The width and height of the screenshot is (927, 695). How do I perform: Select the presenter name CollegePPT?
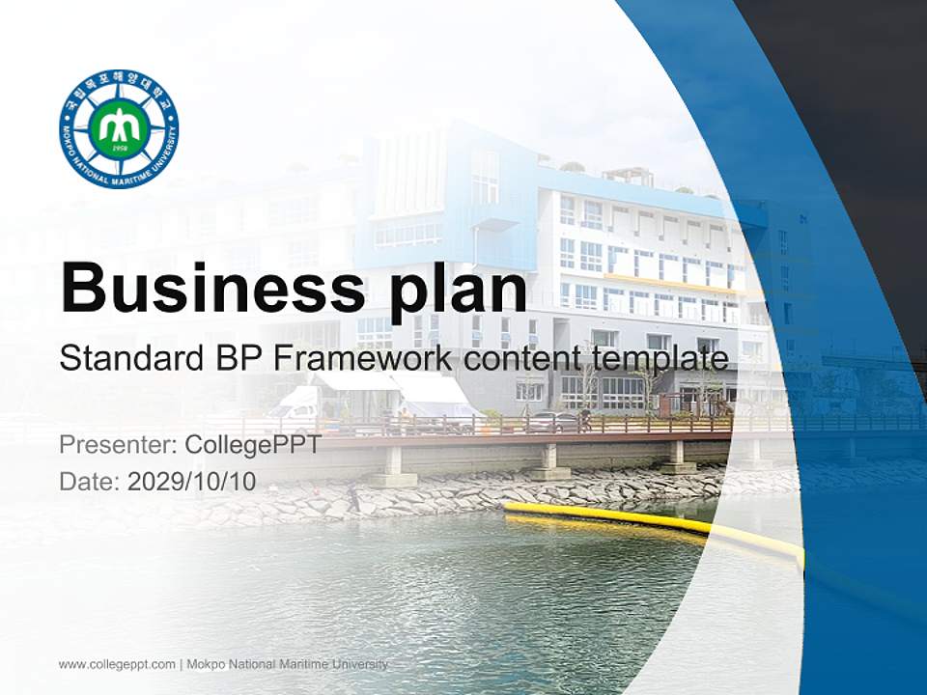click(x=252, y=446)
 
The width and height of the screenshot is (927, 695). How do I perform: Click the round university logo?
click(x=119, y=129)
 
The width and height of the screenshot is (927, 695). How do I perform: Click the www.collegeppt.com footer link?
click(x=117, y=664)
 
